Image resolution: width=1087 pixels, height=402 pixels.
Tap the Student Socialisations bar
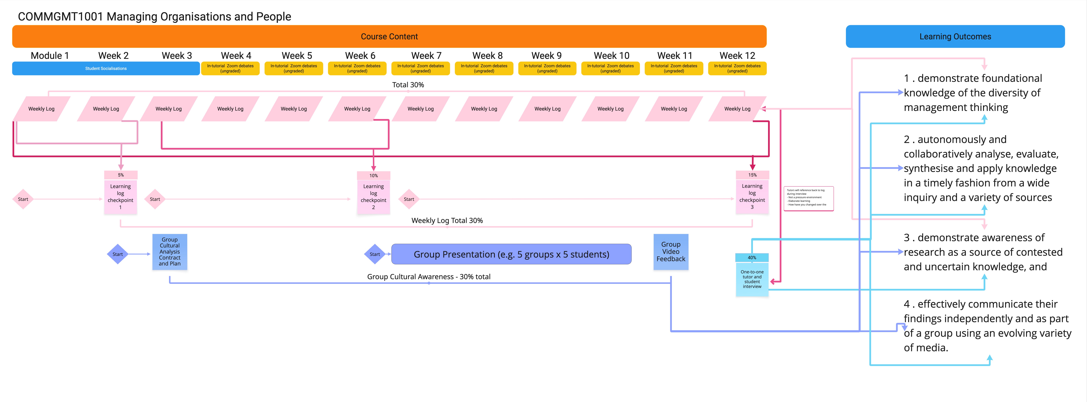106,68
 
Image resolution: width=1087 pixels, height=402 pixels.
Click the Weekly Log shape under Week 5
294,109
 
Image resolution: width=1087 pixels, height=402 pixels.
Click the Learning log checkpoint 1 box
121,197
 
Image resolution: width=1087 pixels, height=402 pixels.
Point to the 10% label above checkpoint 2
374,176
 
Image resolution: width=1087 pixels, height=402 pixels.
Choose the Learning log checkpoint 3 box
752,197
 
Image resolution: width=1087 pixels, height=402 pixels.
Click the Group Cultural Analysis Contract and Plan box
170,252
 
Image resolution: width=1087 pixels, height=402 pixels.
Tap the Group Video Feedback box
671,252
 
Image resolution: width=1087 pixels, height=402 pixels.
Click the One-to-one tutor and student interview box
752,279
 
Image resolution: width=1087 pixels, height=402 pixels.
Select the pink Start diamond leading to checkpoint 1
23,199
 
